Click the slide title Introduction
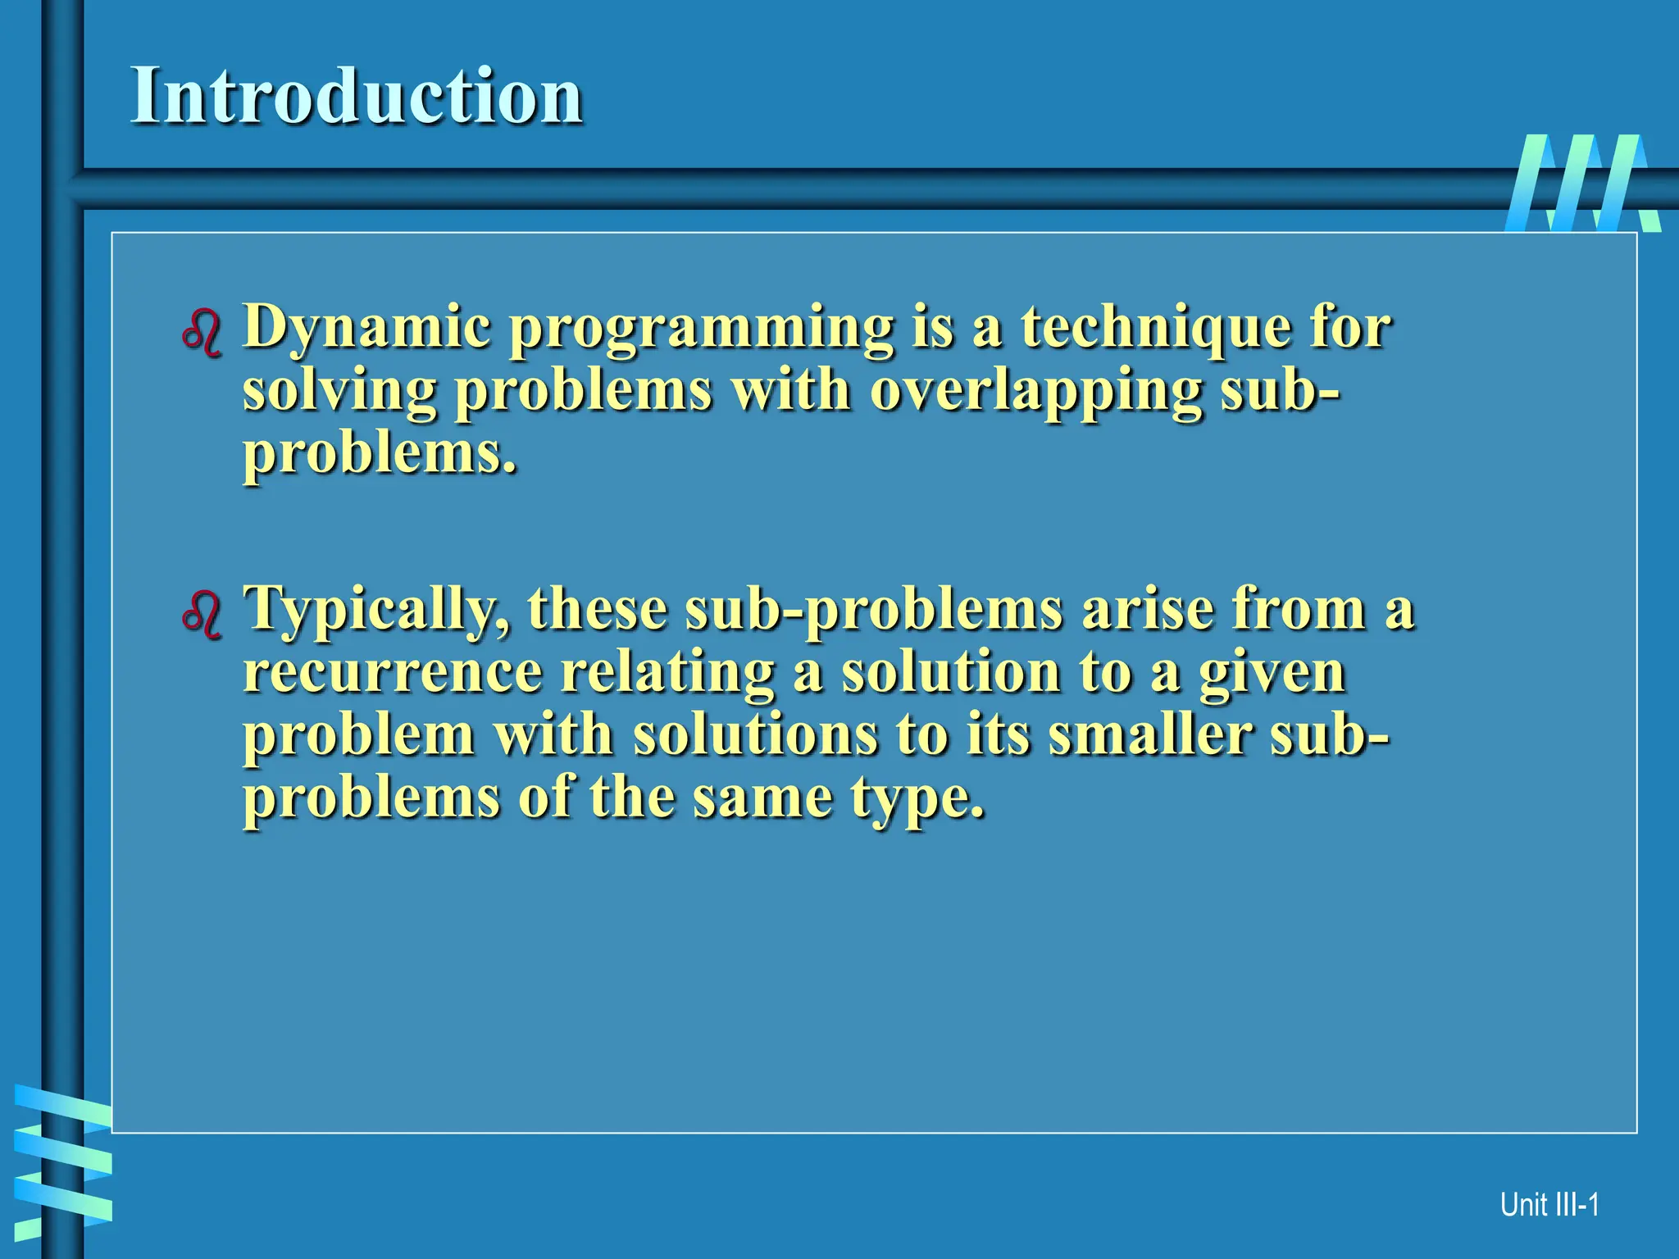357,96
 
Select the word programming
702,329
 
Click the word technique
1156,327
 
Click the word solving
339,391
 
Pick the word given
1272,673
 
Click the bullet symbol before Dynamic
202,333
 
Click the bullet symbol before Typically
202,615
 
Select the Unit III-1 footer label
1549,1204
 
